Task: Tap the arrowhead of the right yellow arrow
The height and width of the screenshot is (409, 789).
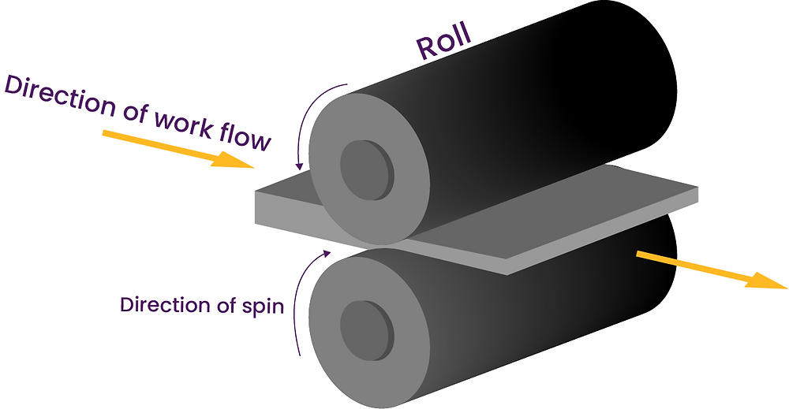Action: (x=769, y=281)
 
